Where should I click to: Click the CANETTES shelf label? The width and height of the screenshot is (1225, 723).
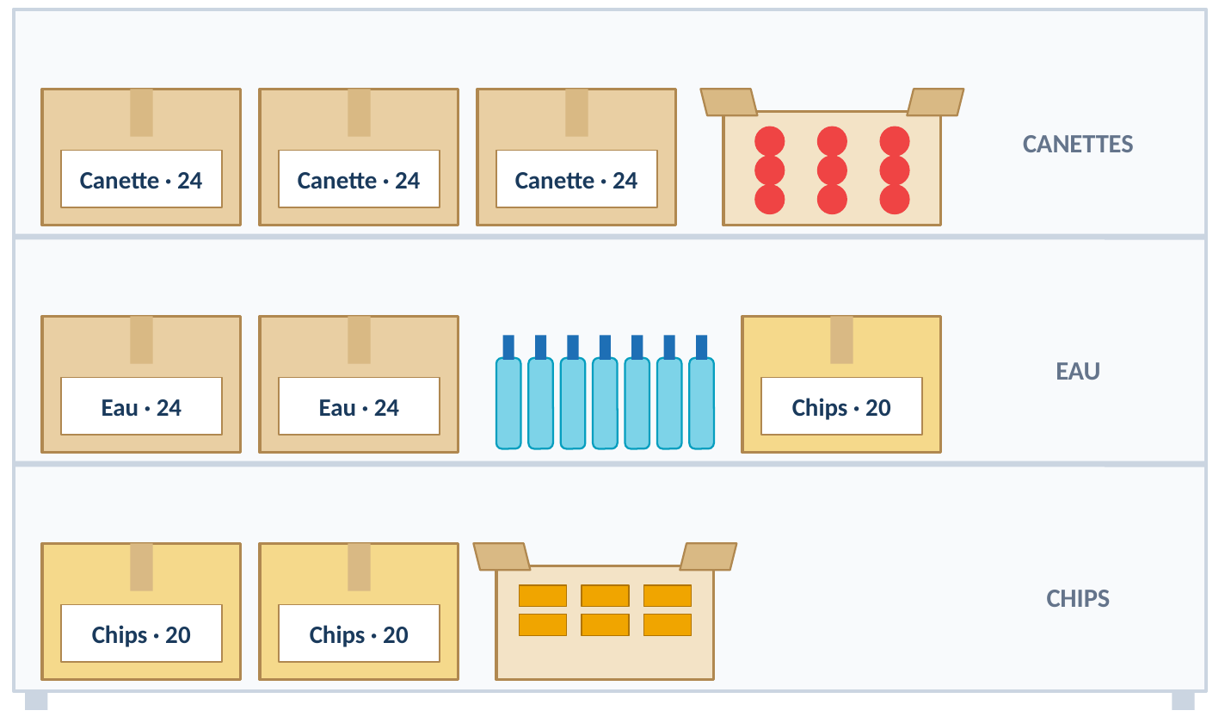[1077, 145]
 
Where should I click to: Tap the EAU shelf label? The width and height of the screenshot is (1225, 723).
[1077, 372]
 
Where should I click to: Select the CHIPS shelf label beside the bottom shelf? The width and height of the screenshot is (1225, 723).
[1077, 599]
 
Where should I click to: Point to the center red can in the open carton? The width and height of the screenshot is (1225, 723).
[832, 170]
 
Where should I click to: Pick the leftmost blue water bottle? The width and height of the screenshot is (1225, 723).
[508, 392]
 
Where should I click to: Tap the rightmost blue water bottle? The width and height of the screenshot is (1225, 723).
[701, 392]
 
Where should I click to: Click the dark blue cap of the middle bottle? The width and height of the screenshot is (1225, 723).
[605, 347]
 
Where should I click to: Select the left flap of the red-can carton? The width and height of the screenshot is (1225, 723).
[729, 102]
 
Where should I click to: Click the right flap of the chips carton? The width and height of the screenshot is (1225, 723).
[708, 557]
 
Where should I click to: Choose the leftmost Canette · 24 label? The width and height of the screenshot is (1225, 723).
[141, 179]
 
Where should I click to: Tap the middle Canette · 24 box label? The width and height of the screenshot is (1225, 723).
[359, 179]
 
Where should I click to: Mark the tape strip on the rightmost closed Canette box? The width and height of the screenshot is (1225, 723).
[576, 113]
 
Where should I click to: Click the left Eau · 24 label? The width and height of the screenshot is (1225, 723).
[141, 406]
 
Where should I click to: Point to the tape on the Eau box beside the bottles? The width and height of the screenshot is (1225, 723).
[359, 340]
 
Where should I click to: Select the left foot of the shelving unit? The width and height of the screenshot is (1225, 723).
[36, 701]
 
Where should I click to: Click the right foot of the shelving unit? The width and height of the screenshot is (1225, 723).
[1183, 701]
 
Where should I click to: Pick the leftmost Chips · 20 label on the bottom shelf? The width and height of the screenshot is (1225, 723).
[141, 633]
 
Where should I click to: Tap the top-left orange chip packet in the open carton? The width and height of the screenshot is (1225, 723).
[543, 596]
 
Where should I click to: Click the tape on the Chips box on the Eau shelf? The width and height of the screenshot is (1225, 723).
[841, 340]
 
